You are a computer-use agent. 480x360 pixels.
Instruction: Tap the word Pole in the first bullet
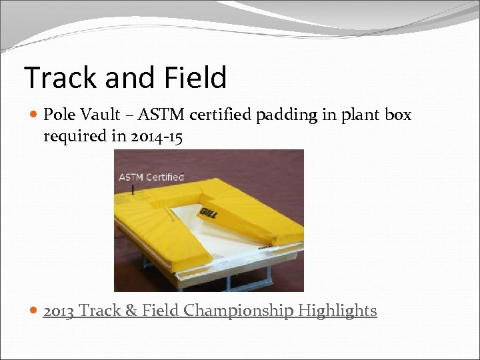coord(57,115)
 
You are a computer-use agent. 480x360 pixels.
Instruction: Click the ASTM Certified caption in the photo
coord(151,177)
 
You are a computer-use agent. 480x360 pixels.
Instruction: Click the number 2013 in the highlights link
coord(58,311)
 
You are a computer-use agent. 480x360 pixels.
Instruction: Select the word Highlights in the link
coord(338,311)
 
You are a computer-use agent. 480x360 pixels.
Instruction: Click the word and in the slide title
coord(123,77)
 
